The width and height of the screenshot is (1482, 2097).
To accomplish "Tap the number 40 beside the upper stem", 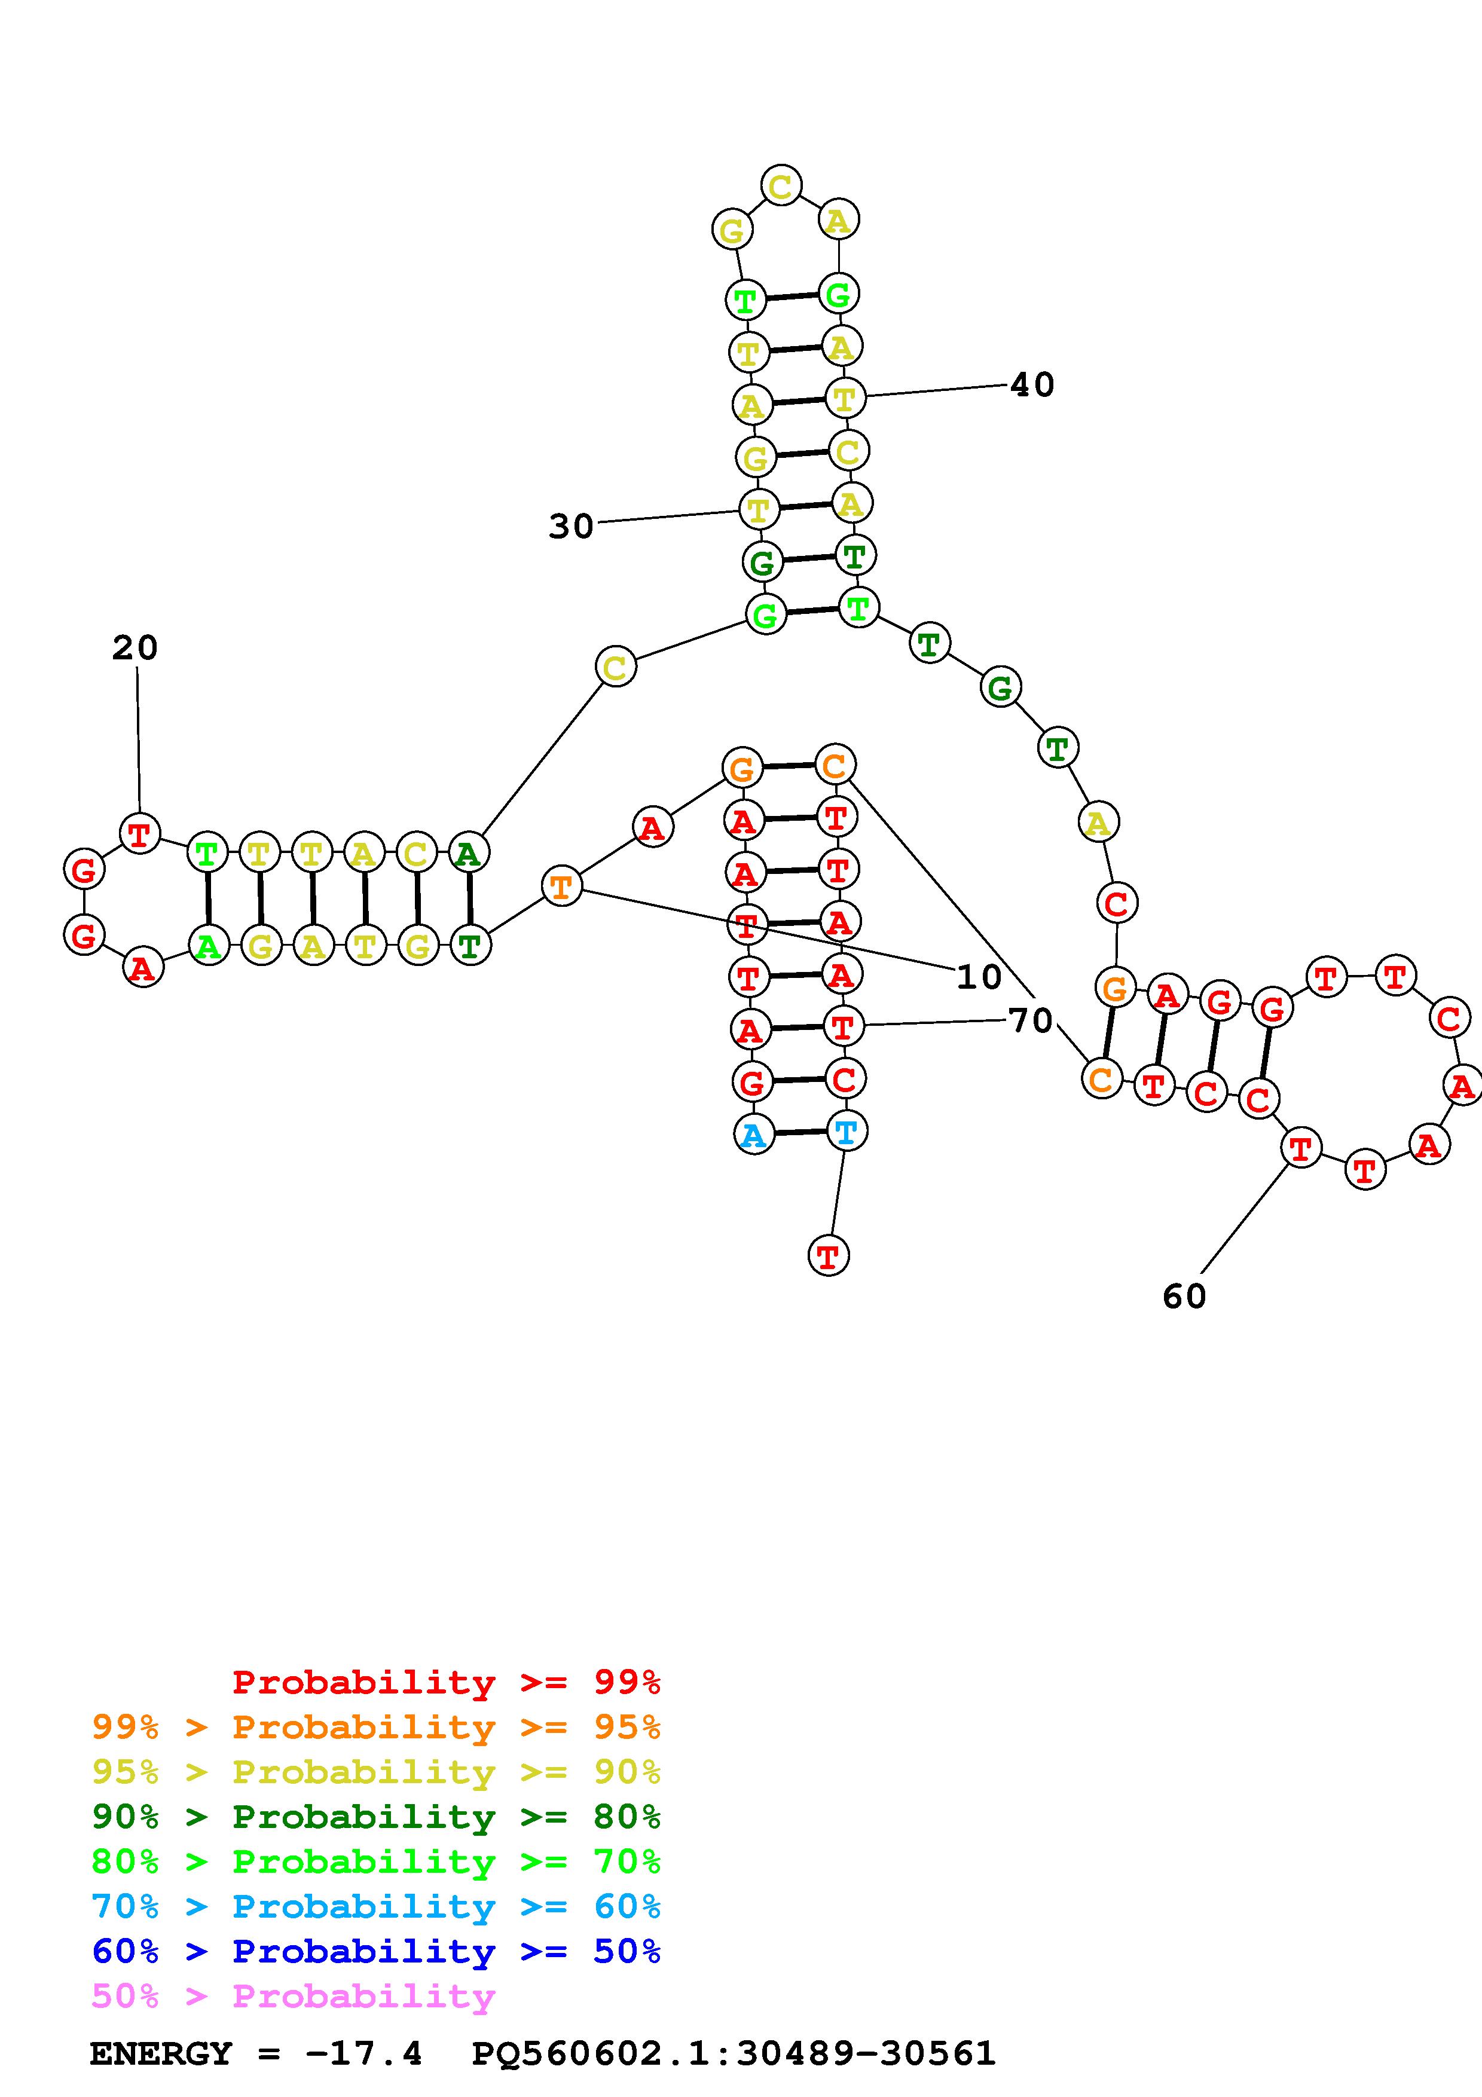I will tap(1032, 384).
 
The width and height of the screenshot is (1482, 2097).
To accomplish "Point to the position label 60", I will tap(1184, 1296).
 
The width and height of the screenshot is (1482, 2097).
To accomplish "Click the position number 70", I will tap(1031, 1020).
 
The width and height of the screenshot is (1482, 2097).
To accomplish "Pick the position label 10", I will tap(979, 977).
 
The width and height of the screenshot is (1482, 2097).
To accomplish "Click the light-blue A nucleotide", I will tap(753, 1135).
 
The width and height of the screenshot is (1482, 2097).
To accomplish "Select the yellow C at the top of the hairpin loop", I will tap(781, 187).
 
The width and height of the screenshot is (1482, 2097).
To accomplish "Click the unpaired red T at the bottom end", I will tap(828, 1256).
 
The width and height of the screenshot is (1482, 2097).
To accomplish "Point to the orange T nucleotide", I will tap(561, 886).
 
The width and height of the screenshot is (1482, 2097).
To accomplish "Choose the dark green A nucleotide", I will tap(469, 854).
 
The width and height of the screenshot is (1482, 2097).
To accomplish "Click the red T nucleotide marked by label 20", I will tap(140, 833).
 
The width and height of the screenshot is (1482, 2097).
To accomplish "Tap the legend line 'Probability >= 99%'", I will tap(447, 1682).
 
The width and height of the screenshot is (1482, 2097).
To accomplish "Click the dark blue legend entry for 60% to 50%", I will tap(376, 1951).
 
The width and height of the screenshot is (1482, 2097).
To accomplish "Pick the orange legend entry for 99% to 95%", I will tap(376, 1727).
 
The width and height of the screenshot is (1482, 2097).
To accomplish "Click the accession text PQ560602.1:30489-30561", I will tap(734, 2054).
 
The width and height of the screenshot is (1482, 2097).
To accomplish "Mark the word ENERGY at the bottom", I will tap(161, 2054).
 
